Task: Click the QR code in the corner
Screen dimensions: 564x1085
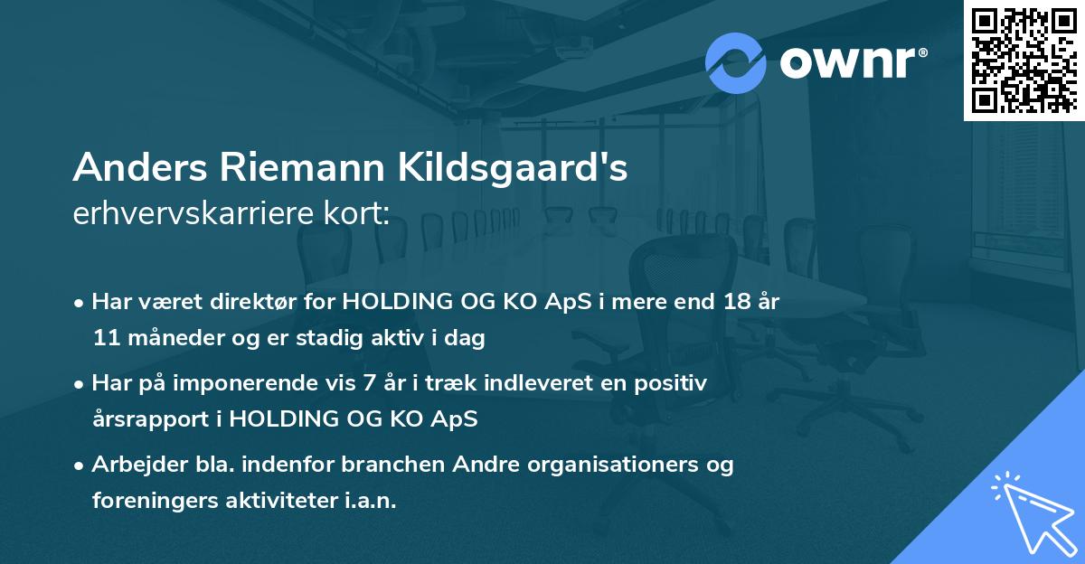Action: pyautogui.click(x=1024, y=61)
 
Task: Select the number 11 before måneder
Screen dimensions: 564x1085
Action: pyautogui.click(x=105, y=339)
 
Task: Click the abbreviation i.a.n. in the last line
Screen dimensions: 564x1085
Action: pyautogui.click(x=372, y=501)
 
